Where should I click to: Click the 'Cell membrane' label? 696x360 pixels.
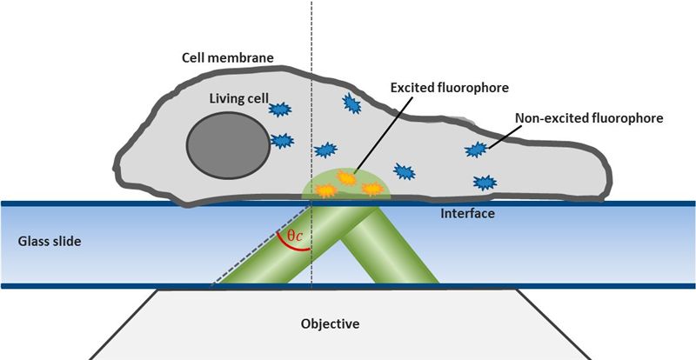[227, 58]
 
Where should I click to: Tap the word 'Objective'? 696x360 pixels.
[330, 323]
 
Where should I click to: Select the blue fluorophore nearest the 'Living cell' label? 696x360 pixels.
[280, 110]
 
